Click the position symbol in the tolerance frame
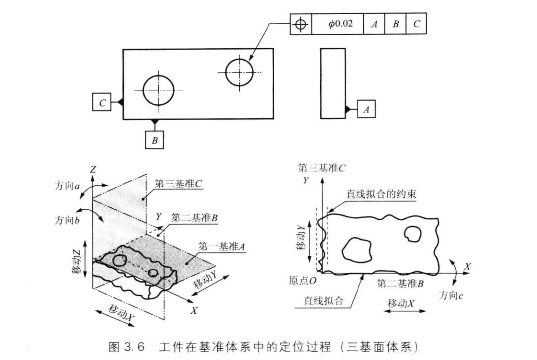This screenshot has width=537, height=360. coord(301,24)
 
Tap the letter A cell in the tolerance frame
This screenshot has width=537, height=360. coord(374,24)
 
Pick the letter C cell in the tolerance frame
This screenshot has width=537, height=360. coord(416,24)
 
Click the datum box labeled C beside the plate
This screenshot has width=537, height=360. coord(102,102)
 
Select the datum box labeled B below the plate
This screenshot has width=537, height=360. coord(155,140)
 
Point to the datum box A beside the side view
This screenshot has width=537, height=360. coord(366,109)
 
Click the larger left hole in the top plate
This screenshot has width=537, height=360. coord(158,90)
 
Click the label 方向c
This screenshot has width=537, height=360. coord(450,295)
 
